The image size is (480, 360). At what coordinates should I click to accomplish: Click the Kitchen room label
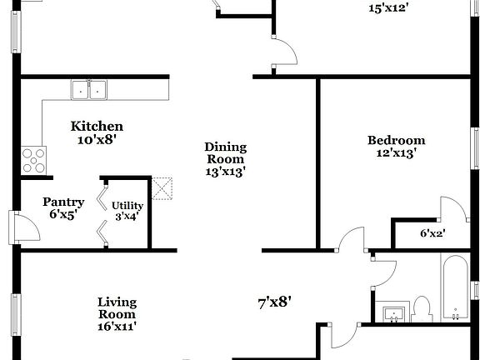[97, 127]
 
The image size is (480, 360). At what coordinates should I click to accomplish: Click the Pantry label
[63, 202]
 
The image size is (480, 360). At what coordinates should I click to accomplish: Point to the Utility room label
[127, 206]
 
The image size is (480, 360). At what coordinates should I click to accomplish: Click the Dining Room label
[225, 153]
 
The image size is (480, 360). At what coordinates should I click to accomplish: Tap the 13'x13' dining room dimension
[225, 172]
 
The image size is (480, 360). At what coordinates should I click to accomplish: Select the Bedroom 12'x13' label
[396, 141]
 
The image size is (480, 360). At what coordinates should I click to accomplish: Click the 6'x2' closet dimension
[432, 234]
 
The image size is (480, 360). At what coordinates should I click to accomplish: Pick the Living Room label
[117, 307]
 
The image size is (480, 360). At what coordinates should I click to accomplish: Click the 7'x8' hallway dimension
[274, 302]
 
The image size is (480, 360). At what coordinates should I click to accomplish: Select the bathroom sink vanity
[394, 314]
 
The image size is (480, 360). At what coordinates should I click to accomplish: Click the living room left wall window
[15, 316]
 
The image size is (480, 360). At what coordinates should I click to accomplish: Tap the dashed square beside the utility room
[162, 187]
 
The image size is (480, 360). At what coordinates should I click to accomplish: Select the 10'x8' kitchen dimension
[97, 140]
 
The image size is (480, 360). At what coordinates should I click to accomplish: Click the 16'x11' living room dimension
[117, 326]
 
